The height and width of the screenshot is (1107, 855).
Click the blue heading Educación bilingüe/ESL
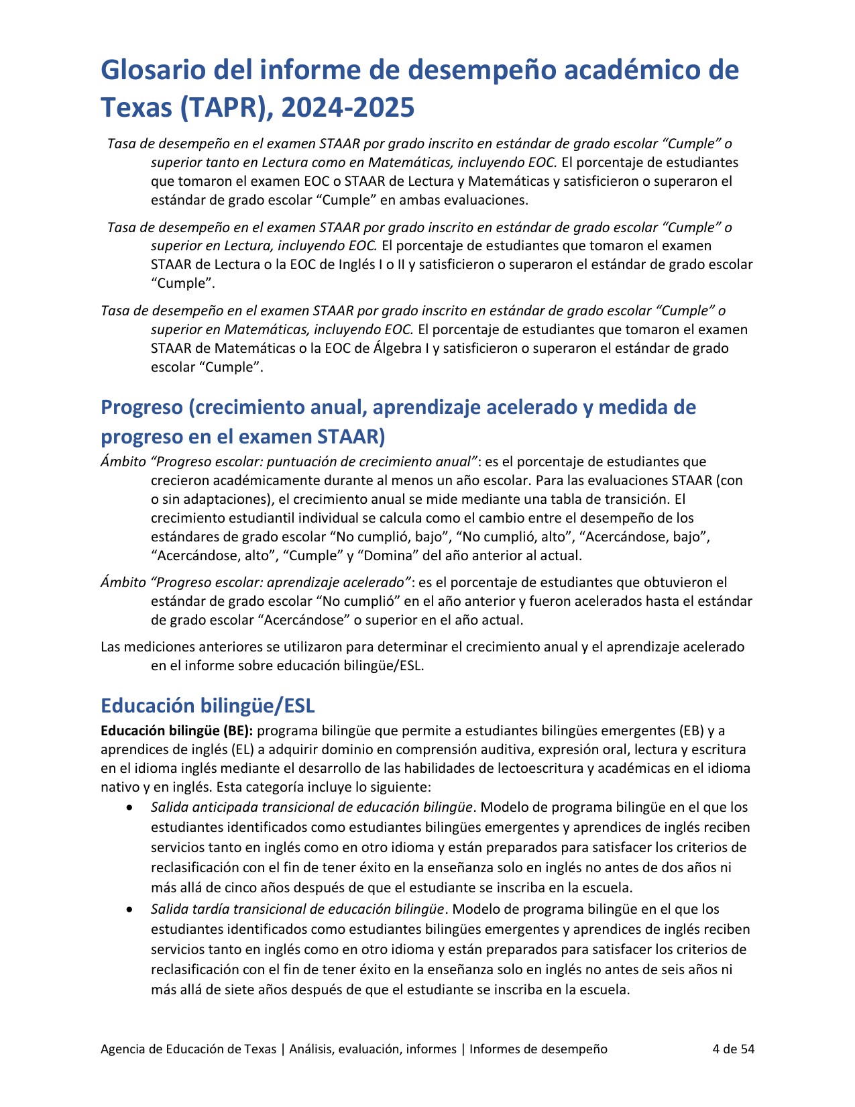pyautogui.click(x=207, y=706)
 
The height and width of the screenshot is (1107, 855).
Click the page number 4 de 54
pyautogui.click(x=733, y=1049)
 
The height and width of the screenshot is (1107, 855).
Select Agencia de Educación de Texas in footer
pyautogui.click(x=188, y=1049)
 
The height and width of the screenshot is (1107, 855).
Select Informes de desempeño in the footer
pyautogui.click(x=538, y=1049)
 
